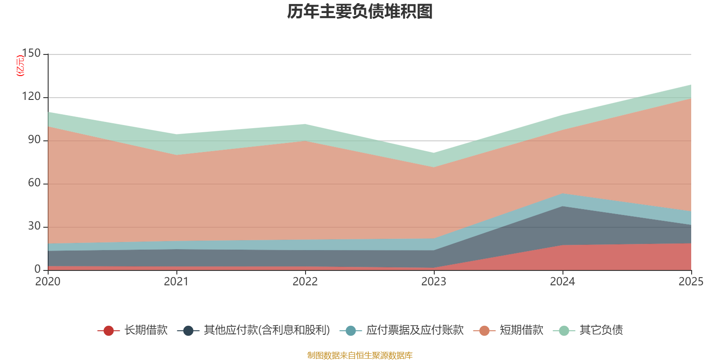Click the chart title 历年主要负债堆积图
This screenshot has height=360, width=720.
[360, 12]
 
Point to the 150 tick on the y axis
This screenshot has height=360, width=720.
[31, 54]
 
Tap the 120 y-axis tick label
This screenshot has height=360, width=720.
[31, 97]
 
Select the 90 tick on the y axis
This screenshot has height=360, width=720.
[34, 140]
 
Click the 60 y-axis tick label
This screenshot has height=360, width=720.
[34, 183]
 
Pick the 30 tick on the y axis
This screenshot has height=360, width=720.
[34, 226]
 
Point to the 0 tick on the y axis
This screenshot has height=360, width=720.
[37, 269]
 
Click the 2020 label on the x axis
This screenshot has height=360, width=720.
[48, 282]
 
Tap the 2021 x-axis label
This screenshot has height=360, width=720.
[176, 282]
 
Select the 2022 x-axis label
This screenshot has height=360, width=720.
[305, 282]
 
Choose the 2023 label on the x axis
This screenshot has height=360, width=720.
[434, 282]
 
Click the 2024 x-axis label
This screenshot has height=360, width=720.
[562, 282]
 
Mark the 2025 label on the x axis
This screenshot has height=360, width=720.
[691, 282]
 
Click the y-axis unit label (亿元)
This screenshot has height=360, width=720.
[20, 66]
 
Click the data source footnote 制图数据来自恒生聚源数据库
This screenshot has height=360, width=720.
[360, 355]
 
